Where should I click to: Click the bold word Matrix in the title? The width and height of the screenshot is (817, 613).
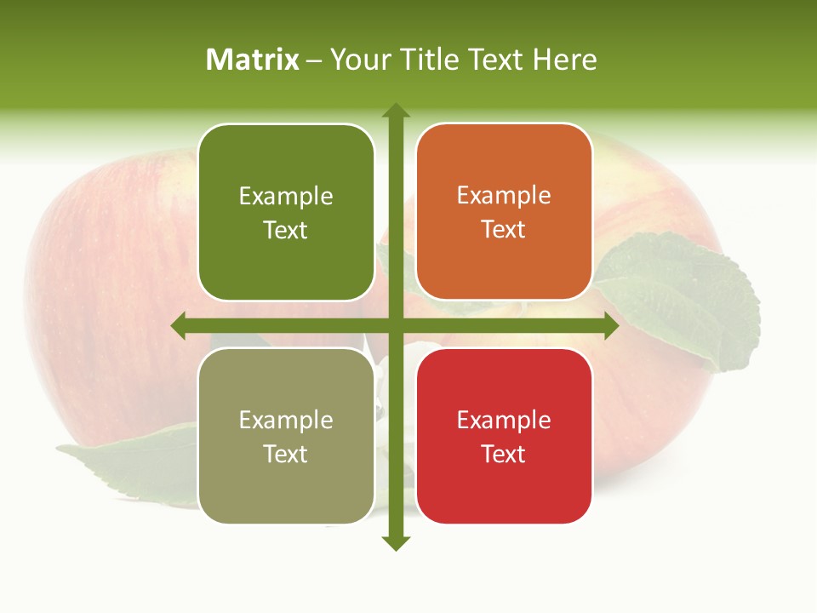pyautogui.click(x=253, y=60)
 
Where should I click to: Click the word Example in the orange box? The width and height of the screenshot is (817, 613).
pyautogui.click(x=504, y=195)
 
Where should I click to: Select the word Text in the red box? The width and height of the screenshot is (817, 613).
pyautogui.click(x=504, y=454)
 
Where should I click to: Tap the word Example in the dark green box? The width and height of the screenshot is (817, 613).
pyautogui.click(x=286, y=196)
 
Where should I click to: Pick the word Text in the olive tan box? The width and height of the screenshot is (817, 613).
pyautogui.click(x=286, y=454)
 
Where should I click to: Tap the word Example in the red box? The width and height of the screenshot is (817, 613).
pyautogui.click(x=504, y=420)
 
